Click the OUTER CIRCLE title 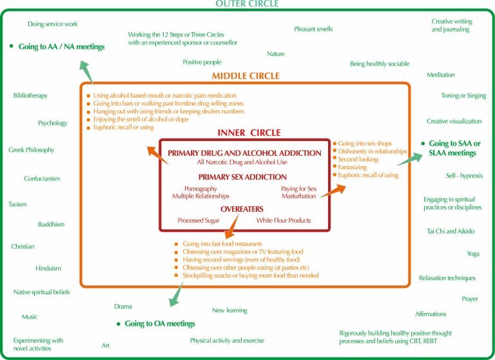[248, 5]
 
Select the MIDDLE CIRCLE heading [248, 77]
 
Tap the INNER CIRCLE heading [248, 133]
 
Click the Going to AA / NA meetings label [61, 46]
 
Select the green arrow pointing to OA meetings [174, 294]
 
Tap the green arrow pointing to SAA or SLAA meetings [406, 158]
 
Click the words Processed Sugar [199, 220]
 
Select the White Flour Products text [284, 220]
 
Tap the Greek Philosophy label [31, 150]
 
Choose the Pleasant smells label [314, 29]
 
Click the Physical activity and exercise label [227, 340]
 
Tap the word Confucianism [42, 178]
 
